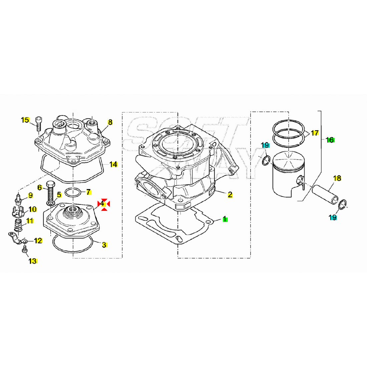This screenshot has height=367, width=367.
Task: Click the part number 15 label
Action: pos(25,120)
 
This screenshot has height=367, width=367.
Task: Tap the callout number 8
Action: pos(110,122)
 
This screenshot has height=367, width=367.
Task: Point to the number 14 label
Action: pos(113,164)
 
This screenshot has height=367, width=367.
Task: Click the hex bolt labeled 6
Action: pos(51,190)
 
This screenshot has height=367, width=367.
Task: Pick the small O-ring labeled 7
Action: pos(73,193)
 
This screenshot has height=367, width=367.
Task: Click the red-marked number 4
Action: pos(102,204)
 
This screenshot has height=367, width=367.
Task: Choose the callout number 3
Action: pos(104,245)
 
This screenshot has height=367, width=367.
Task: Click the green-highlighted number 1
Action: pos(225,219)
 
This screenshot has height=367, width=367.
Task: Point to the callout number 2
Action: pos(230,195)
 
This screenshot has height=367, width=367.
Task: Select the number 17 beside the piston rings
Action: pos(315,133)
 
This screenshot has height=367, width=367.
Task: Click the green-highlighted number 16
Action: pos(330,140)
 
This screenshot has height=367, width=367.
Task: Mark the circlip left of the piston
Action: pos(266,160)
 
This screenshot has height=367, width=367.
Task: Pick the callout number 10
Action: pos(33,209)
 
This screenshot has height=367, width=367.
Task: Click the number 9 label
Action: pos(30,195)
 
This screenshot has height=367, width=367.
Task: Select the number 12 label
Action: pos(38,241)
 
